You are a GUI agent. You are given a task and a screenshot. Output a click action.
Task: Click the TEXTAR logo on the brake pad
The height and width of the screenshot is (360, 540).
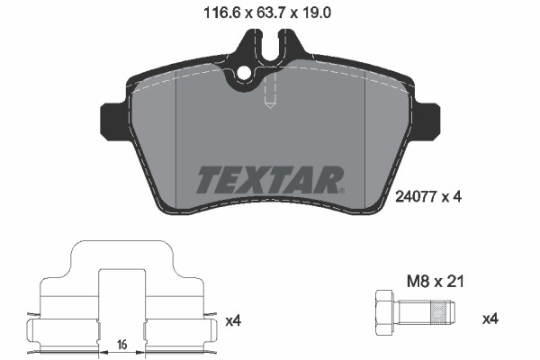269,180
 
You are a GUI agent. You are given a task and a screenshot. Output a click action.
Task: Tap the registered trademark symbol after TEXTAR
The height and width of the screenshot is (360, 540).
341,190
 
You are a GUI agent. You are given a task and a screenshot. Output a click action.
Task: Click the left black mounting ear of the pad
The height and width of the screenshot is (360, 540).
112,118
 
